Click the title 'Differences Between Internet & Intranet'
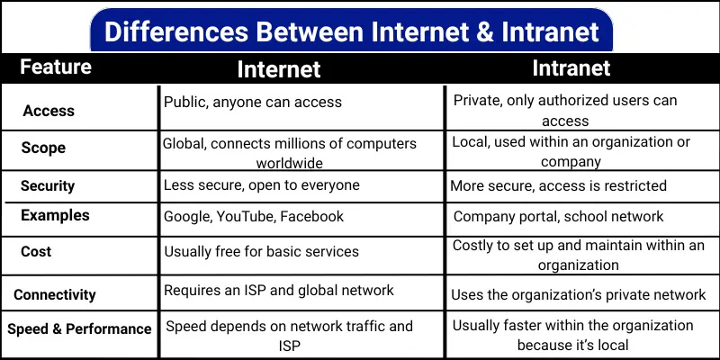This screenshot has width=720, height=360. (x=352, y=32)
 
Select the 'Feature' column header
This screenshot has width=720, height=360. (x=56, y=67)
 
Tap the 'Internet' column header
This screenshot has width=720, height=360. (x=278, y=69)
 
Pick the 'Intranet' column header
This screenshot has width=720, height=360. (x=571, y=67)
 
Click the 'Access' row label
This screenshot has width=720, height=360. (x=49, y=111)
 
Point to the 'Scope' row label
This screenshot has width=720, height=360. (x=44, y=148)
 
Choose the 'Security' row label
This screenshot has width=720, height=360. (x=48, y=185)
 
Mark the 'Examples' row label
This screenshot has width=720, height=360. (x=56, y=215)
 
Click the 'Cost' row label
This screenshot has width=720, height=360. (x=36, y=252)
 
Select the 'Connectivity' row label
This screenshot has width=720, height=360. (x=55, y=294)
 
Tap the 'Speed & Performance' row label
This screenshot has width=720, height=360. (x=79, y=328)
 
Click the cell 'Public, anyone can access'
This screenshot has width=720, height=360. (x=253, y=102)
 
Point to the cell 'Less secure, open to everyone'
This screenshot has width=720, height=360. (x=261, y=185)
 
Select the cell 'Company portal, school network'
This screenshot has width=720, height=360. (x=558, y=216)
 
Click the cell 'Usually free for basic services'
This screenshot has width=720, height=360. (x=261, y=252)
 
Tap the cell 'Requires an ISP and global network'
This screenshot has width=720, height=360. (x=279, y=290)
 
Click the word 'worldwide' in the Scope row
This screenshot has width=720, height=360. (x=290, y=163)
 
